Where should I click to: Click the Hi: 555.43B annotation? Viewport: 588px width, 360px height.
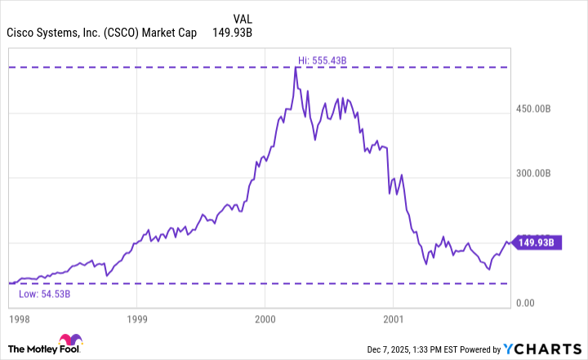pos(323,60)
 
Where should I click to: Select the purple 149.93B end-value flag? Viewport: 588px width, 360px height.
pos(536,242)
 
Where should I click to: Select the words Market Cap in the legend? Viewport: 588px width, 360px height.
pos(171,33)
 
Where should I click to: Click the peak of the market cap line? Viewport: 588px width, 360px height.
pos(296,67)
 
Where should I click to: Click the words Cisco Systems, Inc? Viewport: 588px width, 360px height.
pos(52,33)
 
